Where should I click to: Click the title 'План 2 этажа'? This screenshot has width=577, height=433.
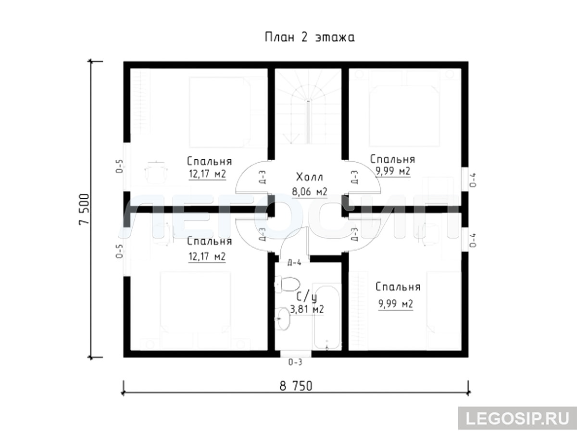pyautogui.click(x=310, y=38)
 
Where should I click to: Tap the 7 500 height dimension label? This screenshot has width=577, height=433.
pyautogui.click(x=84, y=209)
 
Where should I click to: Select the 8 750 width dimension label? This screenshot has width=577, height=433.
pyautogui.click(x=296, y=386)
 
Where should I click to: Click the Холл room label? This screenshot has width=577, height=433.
pyautogui.click(x=309, y=177)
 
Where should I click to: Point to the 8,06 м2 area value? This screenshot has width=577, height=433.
pyautogui.click(x=309, y=191)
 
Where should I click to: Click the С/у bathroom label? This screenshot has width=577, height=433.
pyautogui.click(x=306, y=297)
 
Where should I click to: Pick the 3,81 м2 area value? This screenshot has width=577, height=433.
pyautogui.click(x=307, y=309)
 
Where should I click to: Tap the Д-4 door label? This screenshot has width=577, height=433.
pyautogui.click(x=294, y=262)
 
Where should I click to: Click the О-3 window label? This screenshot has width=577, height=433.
pyautogui.click(x=295, y=362)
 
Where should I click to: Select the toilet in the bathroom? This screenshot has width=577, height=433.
pyautogui.click(x=287, y=284)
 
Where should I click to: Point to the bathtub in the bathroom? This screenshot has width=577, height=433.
pyautogui.click(x=327, y=317)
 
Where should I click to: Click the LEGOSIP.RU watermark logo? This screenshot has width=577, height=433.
pyautogui.click(x=517, y=419)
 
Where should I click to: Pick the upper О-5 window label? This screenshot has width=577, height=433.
pyautogui.click(x=119, y=166)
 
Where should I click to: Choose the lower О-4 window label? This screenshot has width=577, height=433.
pyautogui.click(x=473, y=240)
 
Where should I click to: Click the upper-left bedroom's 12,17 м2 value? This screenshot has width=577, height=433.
pyautogui.click(x=207, y=174)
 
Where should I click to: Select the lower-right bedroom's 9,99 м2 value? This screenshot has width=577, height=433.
pyautogui.click(x=396, y=304)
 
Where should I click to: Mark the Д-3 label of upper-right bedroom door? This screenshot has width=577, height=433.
pyautogui.click(x=354, y=177)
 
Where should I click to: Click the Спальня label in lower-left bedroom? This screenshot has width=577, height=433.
pyautogui.click(x=210, y=242)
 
